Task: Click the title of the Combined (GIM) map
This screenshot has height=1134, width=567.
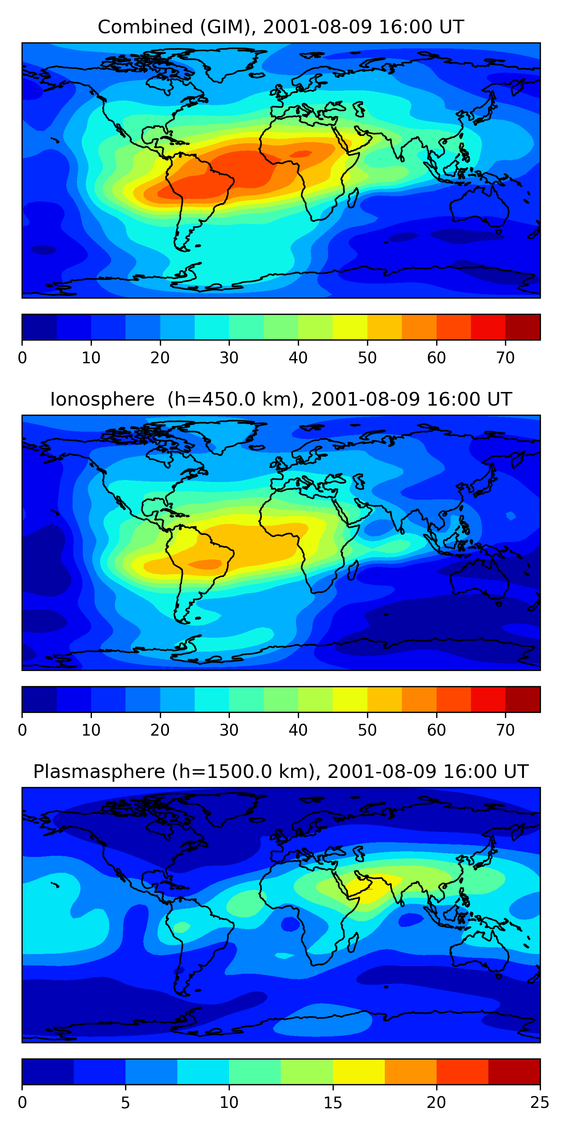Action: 281,27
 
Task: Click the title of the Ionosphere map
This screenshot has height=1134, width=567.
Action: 281,400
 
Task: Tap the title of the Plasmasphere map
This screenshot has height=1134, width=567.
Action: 281,772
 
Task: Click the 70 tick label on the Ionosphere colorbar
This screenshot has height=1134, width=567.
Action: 505,730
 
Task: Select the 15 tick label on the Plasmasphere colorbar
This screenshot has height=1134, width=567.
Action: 333,1102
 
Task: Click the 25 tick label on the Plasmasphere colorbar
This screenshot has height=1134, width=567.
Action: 540,1102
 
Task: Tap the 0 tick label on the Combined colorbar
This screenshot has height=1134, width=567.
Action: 22,358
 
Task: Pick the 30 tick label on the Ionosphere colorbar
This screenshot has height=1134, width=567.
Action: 229,730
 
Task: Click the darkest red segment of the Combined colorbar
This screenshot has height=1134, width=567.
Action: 522,327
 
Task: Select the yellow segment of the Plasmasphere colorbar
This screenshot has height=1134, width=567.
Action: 359,1072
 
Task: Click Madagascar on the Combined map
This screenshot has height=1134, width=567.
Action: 352,198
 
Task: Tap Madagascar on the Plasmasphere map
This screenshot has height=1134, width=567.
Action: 352,942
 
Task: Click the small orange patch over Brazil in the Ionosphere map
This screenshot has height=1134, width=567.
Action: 205,564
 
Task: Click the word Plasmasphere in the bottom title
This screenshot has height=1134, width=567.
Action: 99,772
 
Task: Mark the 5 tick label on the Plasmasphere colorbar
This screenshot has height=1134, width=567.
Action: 125,1102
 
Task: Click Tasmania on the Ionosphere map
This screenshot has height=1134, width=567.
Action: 499,604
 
